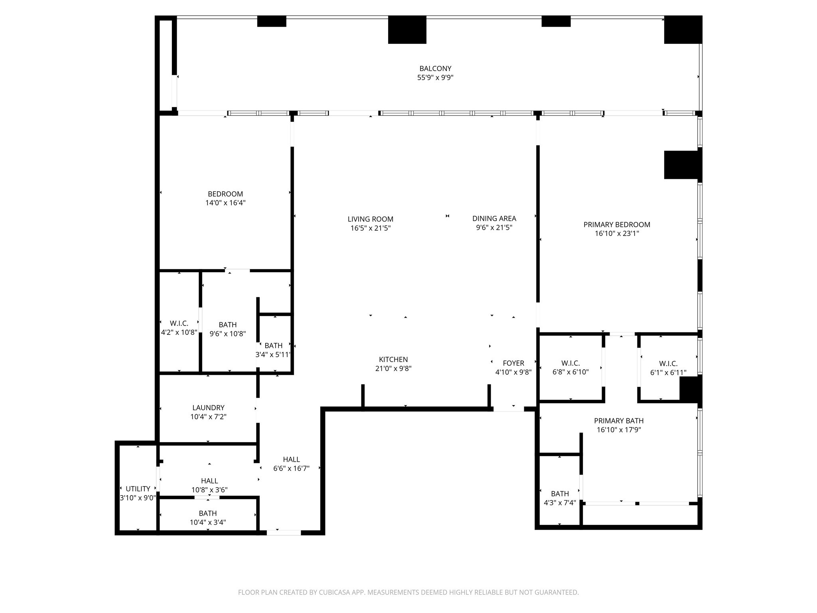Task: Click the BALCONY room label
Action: [435, 69]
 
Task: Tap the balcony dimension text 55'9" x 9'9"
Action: [435, 77]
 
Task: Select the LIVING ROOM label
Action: [371, 219]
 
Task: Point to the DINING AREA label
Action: [494, 218]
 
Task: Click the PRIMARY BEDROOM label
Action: [617, 225]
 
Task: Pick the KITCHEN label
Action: [393, 360]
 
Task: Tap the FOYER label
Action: [513, 363]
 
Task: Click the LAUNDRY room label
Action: [208, 407]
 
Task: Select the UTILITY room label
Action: [138, 489]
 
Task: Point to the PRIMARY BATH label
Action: [619, 421]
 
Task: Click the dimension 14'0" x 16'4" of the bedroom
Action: [225, 203]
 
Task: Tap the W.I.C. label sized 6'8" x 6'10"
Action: [570, 363]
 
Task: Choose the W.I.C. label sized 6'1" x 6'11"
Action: [668, 364]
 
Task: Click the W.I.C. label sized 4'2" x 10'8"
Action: [179, 323]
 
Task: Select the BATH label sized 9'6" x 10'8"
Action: [228, 325]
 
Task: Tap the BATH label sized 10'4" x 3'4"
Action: [208, 513]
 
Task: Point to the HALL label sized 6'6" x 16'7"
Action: [291, 459]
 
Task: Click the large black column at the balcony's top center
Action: [407, 30]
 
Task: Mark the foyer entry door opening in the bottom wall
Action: [509, 409]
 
